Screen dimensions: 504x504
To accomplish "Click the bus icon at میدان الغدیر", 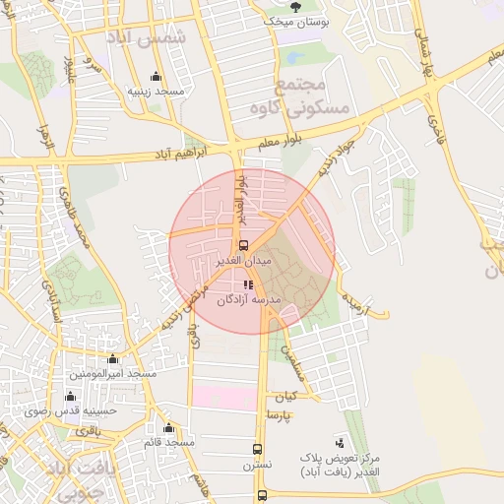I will (x=243, y=245).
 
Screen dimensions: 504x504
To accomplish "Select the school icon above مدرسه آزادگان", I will (x=247, y=284).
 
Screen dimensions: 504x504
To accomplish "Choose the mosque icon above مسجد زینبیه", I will (x=156, y=77).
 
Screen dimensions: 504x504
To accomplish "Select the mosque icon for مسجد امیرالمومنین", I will (x=112, y=359).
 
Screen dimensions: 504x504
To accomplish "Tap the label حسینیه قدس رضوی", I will (x=71, y=409).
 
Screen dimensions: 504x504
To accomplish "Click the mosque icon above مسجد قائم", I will (x=169, y=427).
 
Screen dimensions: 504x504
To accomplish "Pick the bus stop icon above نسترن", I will (x=259, y=446).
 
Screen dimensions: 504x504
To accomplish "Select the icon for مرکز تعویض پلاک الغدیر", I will (x=341, y=443).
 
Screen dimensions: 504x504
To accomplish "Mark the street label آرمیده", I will (x=355, y=299).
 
